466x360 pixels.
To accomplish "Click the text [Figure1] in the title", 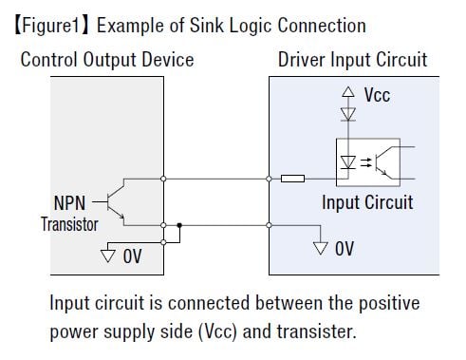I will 48,24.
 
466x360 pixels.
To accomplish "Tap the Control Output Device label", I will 107,60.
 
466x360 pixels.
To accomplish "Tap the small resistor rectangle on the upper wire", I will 293,177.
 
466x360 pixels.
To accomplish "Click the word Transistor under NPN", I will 70,224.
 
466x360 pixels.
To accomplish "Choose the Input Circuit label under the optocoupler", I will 367,203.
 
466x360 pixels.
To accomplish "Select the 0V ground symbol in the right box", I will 320,248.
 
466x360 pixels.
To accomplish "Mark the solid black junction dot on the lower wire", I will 179,226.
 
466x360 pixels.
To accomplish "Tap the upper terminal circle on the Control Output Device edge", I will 164,177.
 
